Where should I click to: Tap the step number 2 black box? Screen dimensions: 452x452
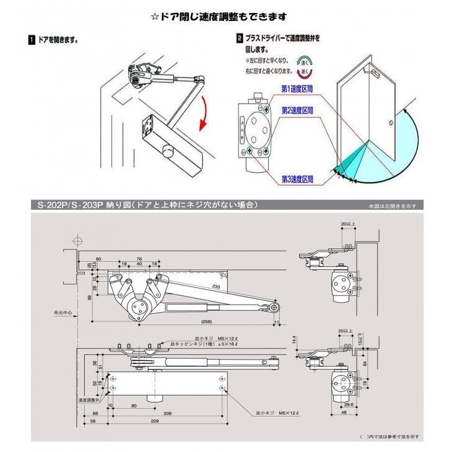click(x=240, y=38)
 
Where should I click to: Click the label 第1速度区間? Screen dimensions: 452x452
click(x=298, y=89)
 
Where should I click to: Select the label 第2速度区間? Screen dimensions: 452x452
click(x=298, y=110)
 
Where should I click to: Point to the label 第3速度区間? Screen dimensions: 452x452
click(x=298, y=179)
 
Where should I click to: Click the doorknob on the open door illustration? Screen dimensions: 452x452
click(x=391, y=124)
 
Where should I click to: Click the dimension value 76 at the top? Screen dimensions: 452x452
click(x=139, y=259)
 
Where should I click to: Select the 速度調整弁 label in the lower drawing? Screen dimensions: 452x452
click(x=89, y=399)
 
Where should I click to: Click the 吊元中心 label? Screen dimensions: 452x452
click(x=63, y=314)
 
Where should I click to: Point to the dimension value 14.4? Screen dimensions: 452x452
click(x=295, y=340)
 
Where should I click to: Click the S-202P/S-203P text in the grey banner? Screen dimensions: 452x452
click(x=68, y=205)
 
